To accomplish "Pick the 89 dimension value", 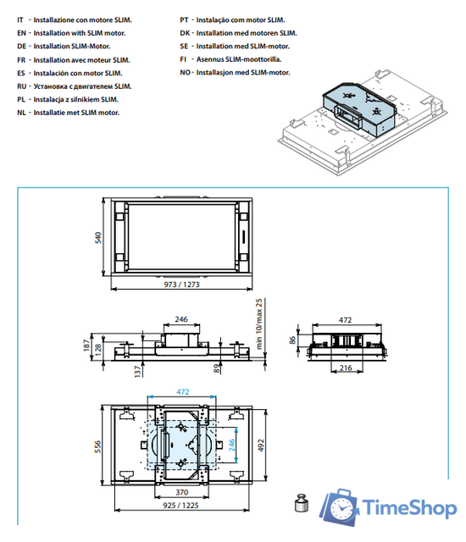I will pyautogui.click(x=218, y=368).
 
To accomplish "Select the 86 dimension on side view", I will pyautogui.click(x=293, y=340).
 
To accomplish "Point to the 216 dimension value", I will pyautogui.click(x=347, y=369).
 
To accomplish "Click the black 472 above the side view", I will pyautogui.click(x=345, y=320).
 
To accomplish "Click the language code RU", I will pyautogui.click(x=23, y=86).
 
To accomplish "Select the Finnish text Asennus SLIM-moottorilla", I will pyautogui.click(x=241, y=59).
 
